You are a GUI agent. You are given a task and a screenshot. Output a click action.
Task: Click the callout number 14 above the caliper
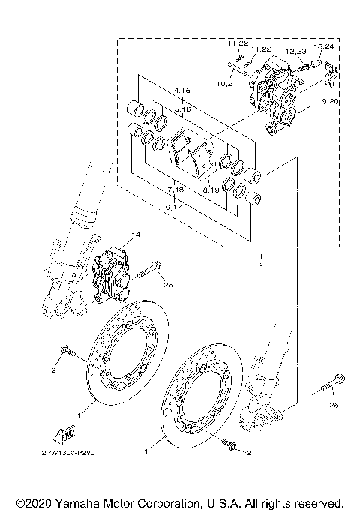pos(136,235)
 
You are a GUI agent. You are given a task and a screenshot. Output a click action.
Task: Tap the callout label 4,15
pos(181,91)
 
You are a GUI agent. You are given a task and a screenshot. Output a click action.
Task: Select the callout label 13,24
pos(324,46)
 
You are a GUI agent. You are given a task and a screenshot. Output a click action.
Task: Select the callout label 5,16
pos(181,109)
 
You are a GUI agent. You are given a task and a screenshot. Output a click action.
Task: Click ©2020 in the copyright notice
pos(34,502)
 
